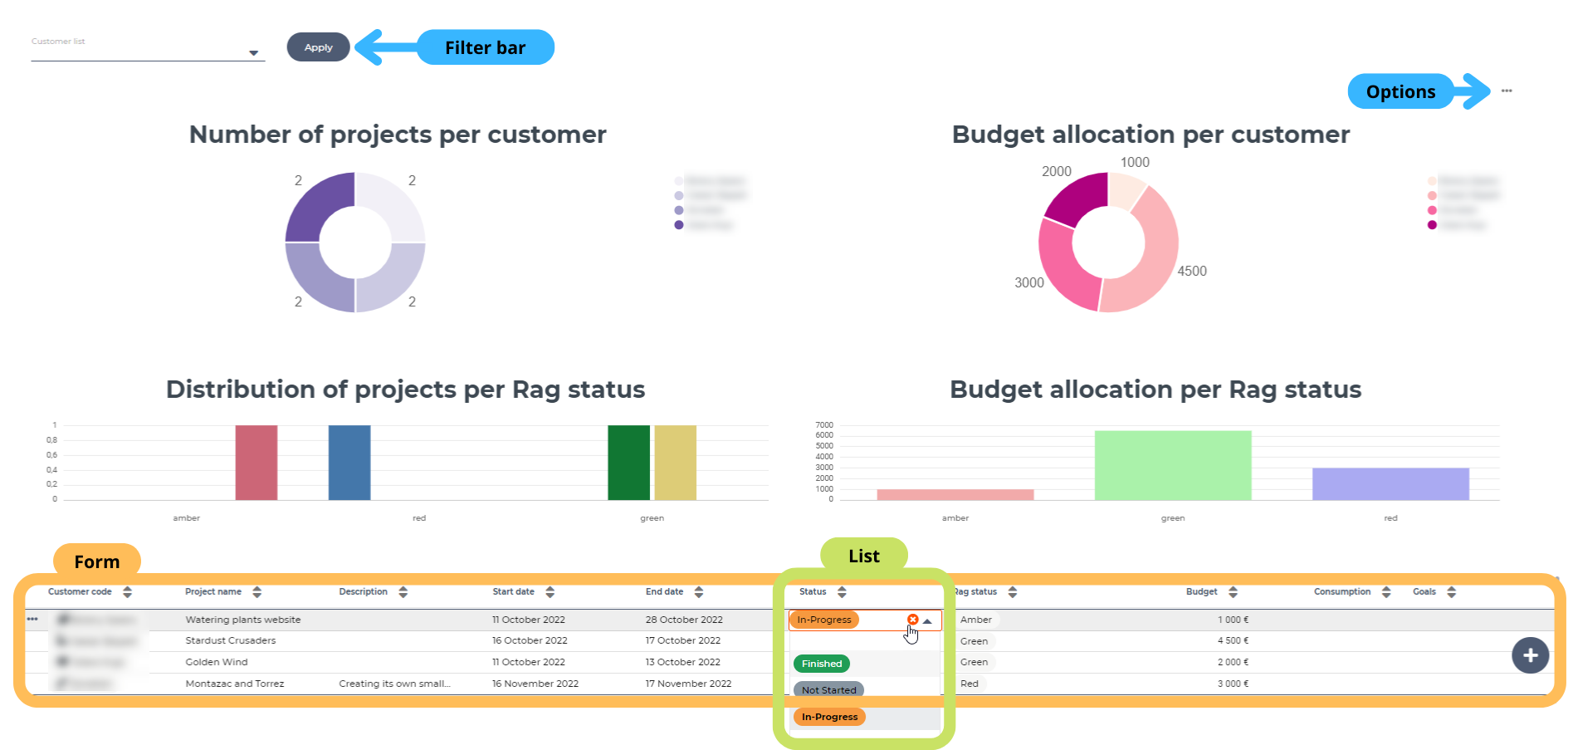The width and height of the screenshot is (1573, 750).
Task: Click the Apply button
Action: [318, 47]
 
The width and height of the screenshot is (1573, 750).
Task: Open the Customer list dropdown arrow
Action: [254, 53]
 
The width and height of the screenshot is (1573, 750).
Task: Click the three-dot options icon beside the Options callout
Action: [1507, 91]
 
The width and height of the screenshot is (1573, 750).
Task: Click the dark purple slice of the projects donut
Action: [317, 207]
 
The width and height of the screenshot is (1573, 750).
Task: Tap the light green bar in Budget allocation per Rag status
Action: [1172, 464]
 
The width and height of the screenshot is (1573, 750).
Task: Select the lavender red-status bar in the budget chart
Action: [1390, 483]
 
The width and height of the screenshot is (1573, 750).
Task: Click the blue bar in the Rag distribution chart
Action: [349, 462]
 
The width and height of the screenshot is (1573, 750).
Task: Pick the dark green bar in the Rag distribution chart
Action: [628, 462]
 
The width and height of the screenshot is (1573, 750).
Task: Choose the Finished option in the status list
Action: [822, 664]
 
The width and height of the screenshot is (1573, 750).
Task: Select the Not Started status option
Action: [828, 690]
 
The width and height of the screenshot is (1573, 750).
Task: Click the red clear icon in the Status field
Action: [912, 620]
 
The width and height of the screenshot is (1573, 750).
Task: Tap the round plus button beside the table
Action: [1530, 655]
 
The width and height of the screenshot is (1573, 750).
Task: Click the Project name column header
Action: [213, 592]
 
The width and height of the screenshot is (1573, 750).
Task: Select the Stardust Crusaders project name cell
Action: [231, 640]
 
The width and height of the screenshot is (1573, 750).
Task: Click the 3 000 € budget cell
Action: [1233, 684]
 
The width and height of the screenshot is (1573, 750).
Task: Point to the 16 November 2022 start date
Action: [535, 684]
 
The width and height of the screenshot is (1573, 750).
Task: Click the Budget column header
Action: [1201, 592]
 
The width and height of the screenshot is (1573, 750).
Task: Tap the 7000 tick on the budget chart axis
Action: [824, 425]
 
